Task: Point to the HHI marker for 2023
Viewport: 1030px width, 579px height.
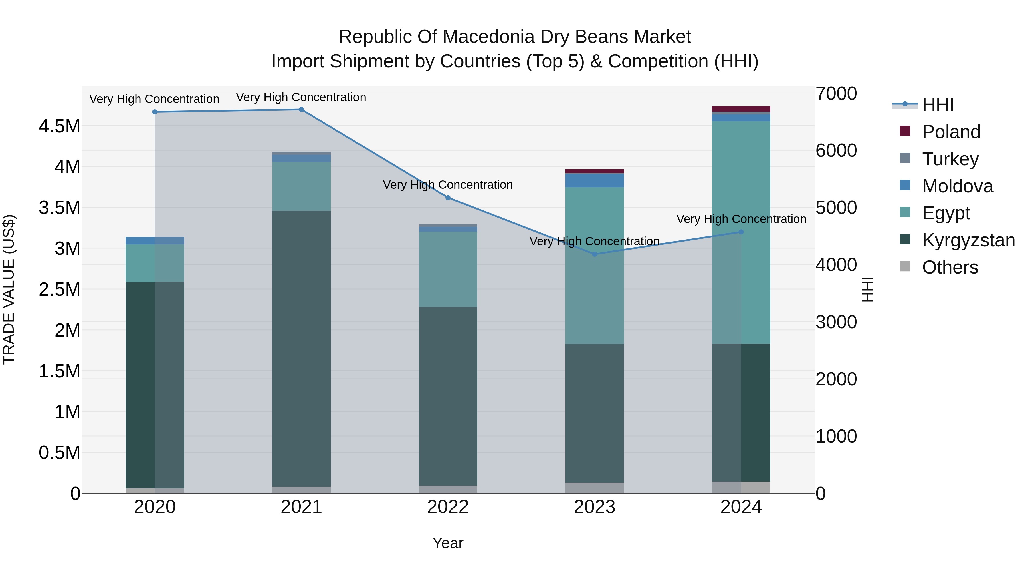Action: pos(594,254)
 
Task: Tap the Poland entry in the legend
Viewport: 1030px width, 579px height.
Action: pos(951,132)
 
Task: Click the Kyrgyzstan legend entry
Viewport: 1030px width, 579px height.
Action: pos(968,240)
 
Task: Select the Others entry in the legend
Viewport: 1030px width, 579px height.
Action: pos(950,267)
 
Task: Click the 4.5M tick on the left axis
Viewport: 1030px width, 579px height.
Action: pos(59,126)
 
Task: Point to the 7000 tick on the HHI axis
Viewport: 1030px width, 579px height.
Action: pos(836,93)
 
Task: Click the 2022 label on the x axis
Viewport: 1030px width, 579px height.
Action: pos(448,507)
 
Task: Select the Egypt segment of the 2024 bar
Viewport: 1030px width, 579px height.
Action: pos(741,232)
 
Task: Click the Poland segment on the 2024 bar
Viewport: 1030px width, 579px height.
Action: pos(741,109)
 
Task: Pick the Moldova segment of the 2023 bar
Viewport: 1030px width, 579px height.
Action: pos(594,180)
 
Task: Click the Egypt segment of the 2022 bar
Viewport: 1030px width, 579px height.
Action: pos(448,269)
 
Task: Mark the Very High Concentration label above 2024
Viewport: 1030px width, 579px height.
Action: pos(741,219)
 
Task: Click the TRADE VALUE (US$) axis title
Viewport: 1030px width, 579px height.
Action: pos(9,289)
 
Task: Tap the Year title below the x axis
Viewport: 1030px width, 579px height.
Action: pos(448,543)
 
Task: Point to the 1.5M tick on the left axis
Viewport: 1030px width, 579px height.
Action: pos(59,371)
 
